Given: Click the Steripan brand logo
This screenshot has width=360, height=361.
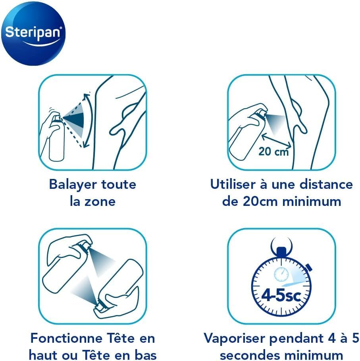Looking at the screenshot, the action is click(33, 34).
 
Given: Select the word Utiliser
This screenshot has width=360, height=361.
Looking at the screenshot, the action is click(233, 184).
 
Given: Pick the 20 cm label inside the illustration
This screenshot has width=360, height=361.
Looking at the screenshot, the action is click(273, 152).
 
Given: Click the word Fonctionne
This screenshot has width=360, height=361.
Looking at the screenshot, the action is click(67, 338).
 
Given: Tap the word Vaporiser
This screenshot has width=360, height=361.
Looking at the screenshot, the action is click(235, 339).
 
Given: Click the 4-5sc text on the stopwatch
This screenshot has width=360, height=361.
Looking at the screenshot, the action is click(281, 296).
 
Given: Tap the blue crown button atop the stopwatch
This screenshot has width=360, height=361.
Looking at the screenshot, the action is click(281, 252).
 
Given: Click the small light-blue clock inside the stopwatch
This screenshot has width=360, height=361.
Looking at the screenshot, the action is click(281, 274).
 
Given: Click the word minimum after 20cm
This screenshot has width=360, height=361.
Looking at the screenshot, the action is click(312, 202).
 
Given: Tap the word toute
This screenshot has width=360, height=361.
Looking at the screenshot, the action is click(119, 184).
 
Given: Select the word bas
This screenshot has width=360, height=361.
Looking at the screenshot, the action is click(146, 355).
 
